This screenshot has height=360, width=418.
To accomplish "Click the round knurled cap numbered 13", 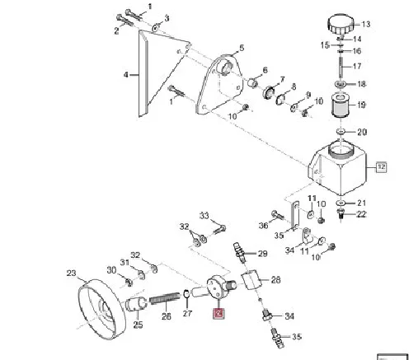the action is [x=341, y=25].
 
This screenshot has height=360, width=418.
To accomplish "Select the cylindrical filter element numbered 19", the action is [x=341, y=105].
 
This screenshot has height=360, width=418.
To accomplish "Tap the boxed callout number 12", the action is [x=382, y=166].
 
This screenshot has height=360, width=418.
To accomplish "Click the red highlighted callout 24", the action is [x=219, y=313].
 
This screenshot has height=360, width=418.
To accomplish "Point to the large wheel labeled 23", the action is [x=101, y=310].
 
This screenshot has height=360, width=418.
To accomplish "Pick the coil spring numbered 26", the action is [x=165, y=298].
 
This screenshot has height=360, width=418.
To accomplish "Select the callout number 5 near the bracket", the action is [x=242, y=48].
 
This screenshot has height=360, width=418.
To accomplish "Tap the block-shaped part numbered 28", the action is [x=250, y=279].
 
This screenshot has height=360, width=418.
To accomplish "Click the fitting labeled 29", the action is [x=239, y=252].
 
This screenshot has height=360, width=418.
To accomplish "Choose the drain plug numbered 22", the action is [x=341, y=213].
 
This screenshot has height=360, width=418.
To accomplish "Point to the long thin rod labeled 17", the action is [x=341, y=67].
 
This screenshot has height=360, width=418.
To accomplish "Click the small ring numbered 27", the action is [x=186, y=294].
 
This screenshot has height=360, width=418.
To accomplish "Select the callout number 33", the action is [x=204, y=216].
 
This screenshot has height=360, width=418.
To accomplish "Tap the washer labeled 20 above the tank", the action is [x=341, y=132].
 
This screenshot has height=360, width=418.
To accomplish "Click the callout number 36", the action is [x=263, y=226].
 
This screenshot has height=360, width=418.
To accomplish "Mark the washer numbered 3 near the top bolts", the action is [x=156, y=27].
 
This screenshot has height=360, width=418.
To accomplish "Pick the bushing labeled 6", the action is [x=253, y=82].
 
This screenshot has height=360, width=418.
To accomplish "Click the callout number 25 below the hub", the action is [x=138, y=325].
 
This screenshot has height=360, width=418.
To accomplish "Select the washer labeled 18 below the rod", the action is [x=341, y=84].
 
